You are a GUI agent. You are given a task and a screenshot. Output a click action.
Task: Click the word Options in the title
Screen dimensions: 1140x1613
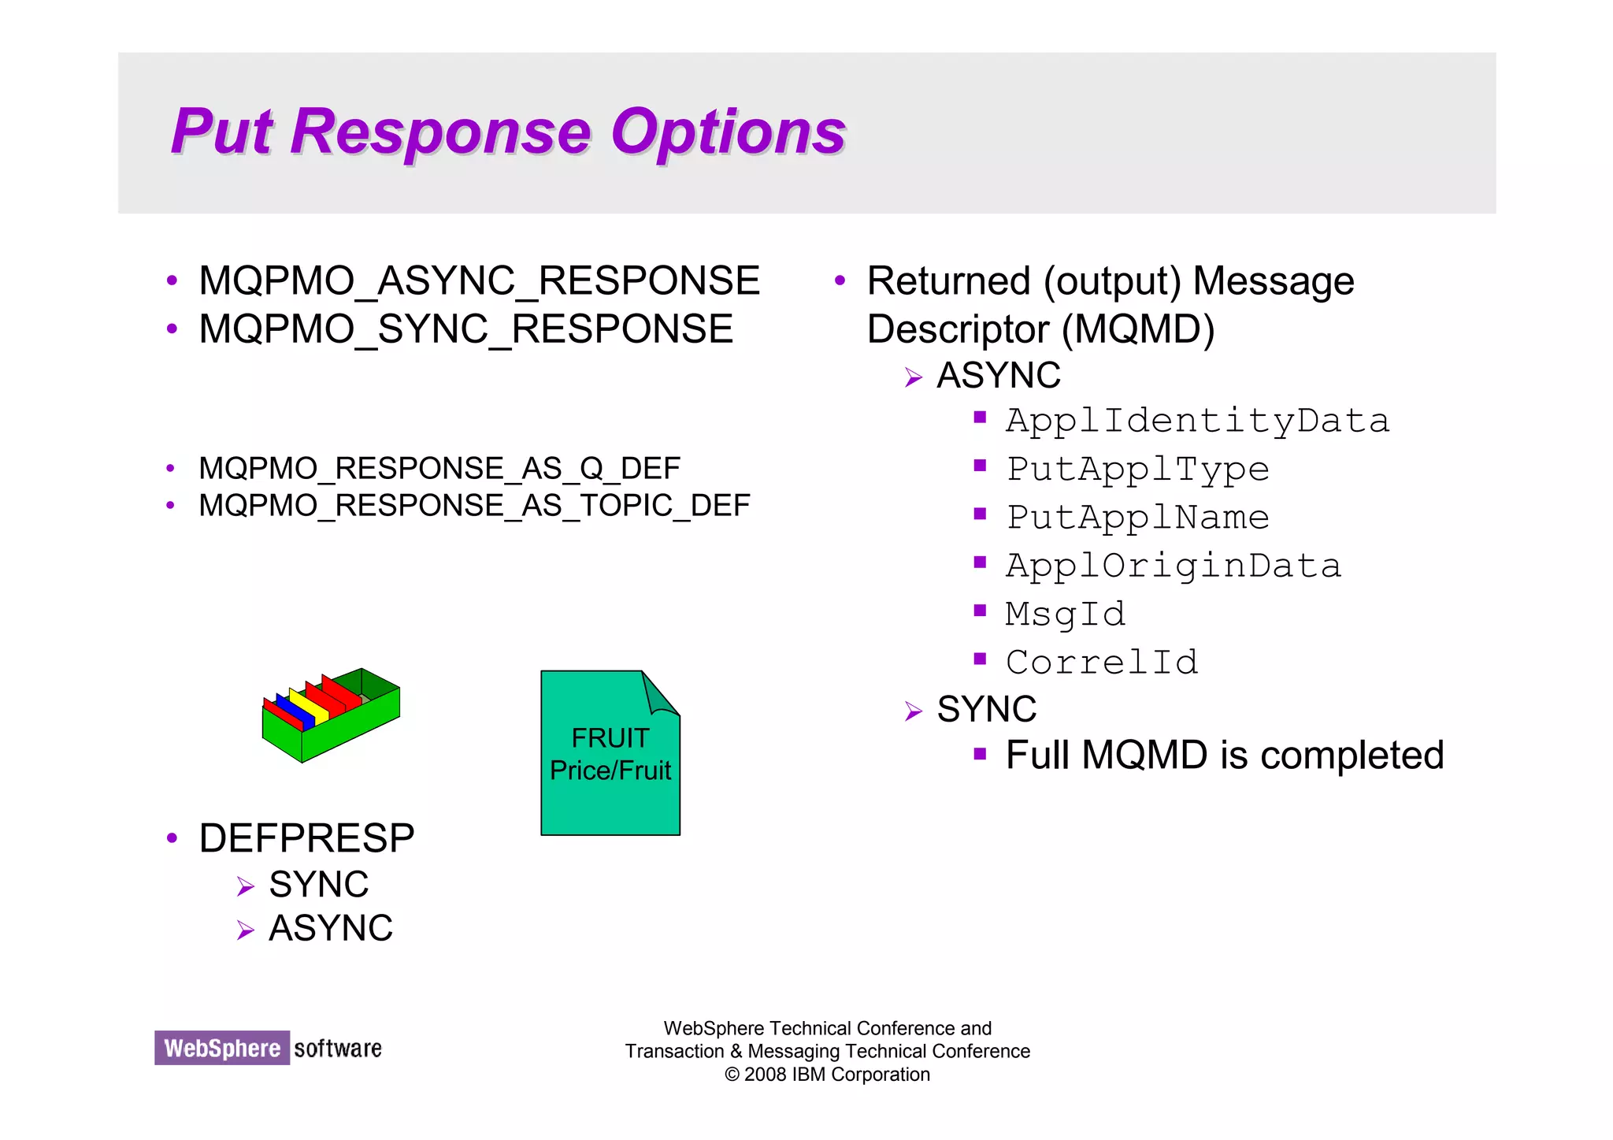click(x=728, y=132)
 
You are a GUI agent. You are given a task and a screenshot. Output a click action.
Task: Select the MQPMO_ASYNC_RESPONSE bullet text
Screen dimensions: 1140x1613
click(x=479, y=281)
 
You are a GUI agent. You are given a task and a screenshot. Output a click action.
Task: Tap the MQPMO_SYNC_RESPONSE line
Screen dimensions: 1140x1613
click(x=465, y=329)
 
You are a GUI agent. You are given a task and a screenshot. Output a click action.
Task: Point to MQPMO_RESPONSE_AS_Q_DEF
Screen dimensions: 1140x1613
click(x=439, y=469)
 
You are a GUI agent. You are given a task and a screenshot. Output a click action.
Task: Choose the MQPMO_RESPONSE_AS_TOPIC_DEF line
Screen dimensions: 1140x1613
click(x=473, y=506)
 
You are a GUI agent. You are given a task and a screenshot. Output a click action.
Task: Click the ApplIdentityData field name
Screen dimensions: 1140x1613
click(x=1197, y=421)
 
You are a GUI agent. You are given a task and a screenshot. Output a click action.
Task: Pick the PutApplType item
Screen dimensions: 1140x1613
click(x=1137, y=470)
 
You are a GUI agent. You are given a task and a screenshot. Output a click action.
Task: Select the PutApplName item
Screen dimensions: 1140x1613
click(x=1137, y=518)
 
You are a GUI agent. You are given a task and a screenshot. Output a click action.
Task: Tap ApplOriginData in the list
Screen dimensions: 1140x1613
click(x=1174, y=566)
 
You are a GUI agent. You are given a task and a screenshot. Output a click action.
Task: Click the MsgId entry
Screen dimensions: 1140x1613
click(x=1066, y=615)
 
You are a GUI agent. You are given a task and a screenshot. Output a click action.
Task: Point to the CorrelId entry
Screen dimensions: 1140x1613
click(x=1102, y=663)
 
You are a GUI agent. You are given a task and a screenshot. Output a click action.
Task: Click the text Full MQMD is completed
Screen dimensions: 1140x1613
click(x=1225, y=756)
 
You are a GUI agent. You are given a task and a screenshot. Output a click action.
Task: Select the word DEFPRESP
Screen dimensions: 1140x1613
click(x=306, y=838)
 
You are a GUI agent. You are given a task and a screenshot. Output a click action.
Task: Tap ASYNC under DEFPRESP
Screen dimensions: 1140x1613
click(x=331, y=928)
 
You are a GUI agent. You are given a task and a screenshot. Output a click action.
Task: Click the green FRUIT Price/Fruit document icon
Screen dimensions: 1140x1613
click(x=610, y=754)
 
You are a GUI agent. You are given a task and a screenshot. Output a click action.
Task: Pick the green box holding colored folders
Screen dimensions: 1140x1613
click(x=331, y=715)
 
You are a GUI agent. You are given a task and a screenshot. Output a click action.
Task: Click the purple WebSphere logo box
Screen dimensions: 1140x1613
click(x=221, y=1048)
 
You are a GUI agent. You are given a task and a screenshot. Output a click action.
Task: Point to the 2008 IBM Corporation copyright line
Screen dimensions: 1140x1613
click(x=827, y=1075)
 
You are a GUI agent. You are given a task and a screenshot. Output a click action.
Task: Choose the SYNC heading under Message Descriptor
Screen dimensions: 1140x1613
click(x=986, y=709)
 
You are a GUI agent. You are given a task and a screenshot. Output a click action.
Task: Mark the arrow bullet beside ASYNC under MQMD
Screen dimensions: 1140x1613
click(x=913, y=378)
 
